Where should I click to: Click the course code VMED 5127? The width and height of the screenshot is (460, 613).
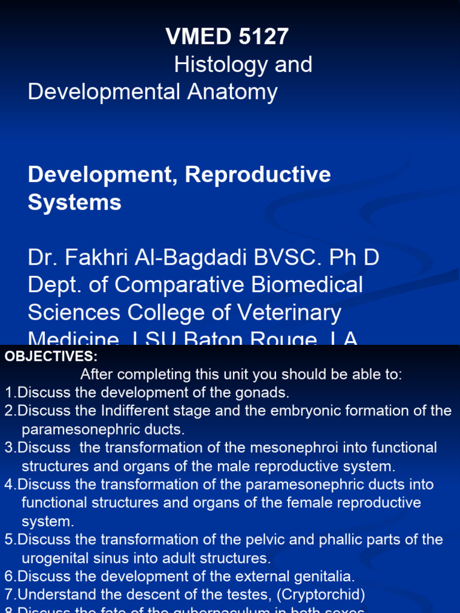pos(227,37)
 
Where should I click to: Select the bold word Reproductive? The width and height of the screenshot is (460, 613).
pos(258,174)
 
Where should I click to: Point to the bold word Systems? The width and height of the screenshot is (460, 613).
pos(74,202)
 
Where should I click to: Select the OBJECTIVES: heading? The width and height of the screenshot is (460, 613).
pos(51,357)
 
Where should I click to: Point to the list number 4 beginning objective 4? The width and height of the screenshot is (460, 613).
pos(8,484)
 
